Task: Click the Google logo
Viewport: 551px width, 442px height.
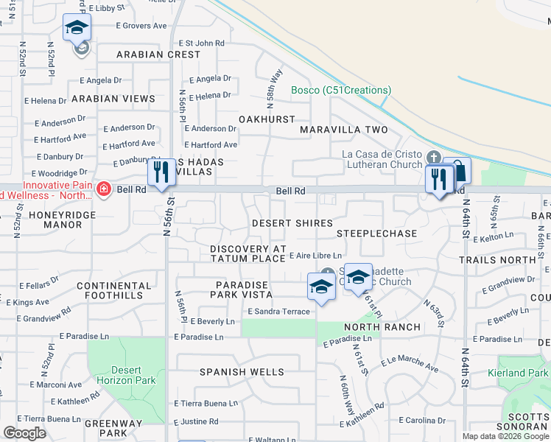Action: point(24,433)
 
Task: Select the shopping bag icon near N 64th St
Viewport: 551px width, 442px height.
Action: point(457,172)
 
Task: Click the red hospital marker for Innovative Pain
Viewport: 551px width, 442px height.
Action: point(103,190)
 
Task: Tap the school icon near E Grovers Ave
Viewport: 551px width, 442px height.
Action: point(77,28)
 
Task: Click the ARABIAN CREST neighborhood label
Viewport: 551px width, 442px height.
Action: point(158,55)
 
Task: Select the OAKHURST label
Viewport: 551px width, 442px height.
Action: point(267,119)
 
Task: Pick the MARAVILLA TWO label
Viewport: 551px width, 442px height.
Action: point(343,130)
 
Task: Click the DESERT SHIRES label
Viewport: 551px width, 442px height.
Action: point(292,222)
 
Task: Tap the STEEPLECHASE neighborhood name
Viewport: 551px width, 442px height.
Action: point(377,234)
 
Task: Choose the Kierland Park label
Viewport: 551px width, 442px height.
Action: point(519,373)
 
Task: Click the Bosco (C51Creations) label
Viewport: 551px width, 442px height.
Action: point(340,91)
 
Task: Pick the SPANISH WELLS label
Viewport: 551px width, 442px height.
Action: point(242,372)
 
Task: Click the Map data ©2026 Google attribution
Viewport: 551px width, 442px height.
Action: point(505,436)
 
